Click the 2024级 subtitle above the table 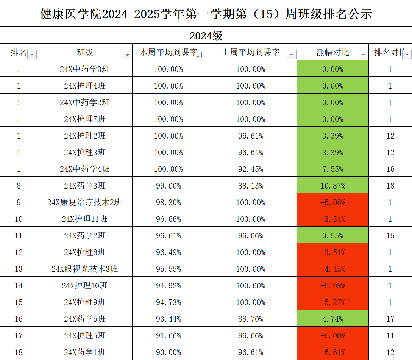click(206, 36)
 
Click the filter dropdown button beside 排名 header click(32, 55)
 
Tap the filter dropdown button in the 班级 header click(127, 55)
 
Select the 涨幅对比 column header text click(332, 53)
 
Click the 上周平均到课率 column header click(250, 53)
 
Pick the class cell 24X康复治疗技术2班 click(84, 203)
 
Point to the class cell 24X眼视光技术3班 click(84, 269)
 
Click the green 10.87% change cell click(332, 186)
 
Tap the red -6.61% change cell click(332, 352)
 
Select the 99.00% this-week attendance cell click(168, 186)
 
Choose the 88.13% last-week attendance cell click(250, 186)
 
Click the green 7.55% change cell click(332, 169)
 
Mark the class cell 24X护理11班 click(84, 219)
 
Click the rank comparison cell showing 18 click(390, 186)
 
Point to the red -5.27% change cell click(332, 302)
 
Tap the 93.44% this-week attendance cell click(168, 319)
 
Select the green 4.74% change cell click(332, 319)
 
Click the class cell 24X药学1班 click(84, 352)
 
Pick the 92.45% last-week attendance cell click(250, 169)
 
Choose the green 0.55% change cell click(332, 236)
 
